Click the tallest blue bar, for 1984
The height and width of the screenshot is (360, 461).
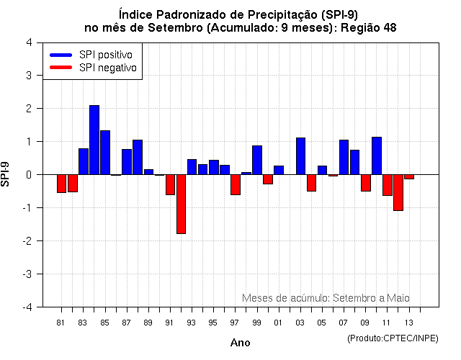click(x=94, y=140)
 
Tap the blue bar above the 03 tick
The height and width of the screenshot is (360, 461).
click(x=300, y=156)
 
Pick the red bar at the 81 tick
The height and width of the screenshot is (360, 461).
click(x=61, y=184)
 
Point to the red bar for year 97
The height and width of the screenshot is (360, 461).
click(x=236, y=184)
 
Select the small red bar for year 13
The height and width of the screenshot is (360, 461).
click(x=409, y=176)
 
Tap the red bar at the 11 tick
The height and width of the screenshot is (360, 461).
click(x=388, y=185)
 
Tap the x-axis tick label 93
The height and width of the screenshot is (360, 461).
click(x=191, y=323)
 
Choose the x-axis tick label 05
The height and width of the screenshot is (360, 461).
click(x=322, y=323)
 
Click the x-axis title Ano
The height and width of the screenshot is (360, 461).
click(x=240, y=343)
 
